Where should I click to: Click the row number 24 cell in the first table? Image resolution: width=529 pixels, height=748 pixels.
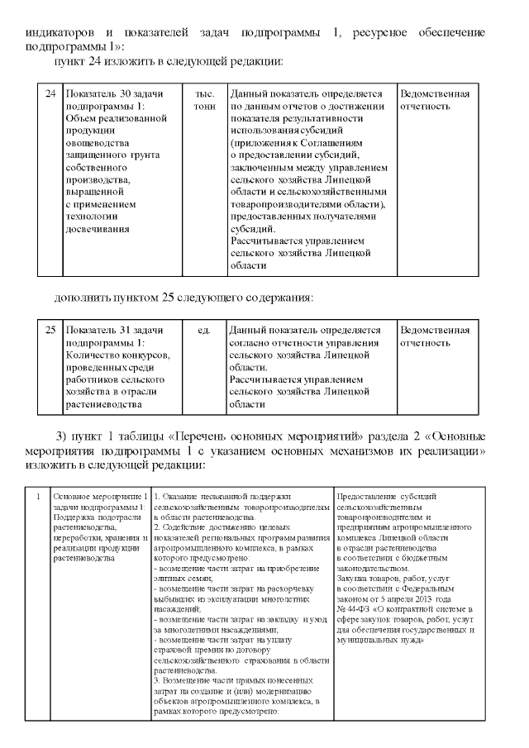[x=50, y=94]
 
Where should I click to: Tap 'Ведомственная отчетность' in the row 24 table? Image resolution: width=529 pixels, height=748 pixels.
[x=435, y=100]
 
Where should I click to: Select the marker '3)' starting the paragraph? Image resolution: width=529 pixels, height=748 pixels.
[x=61, y=436]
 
